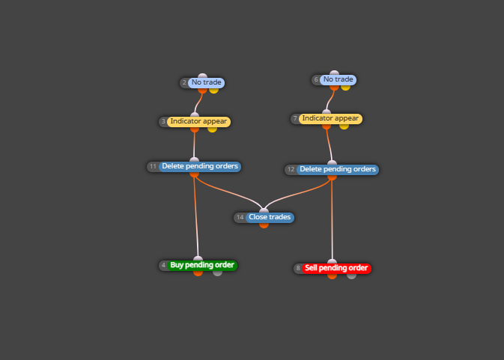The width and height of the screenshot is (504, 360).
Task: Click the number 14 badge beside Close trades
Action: tap(240, 217)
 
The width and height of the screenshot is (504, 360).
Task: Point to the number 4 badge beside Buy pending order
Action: tap(163, 265)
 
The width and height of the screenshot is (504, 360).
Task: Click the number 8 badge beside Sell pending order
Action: tap(298, 268)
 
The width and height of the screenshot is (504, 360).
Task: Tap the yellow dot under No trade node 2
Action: tap(213, 91)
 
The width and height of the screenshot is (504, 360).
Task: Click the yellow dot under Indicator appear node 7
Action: tap(344, 126)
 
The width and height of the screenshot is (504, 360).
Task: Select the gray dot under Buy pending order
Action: tap(218, 273)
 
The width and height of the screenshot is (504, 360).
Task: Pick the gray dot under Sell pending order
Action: tap(352, 276)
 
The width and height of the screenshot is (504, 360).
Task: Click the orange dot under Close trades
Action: tap(264, 225)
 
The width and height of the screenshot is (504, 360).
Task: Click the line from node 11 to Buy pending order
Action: tap(195, 217)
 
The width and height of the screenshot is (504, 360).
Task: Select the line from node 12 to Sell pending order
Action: tap(332, 219)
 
